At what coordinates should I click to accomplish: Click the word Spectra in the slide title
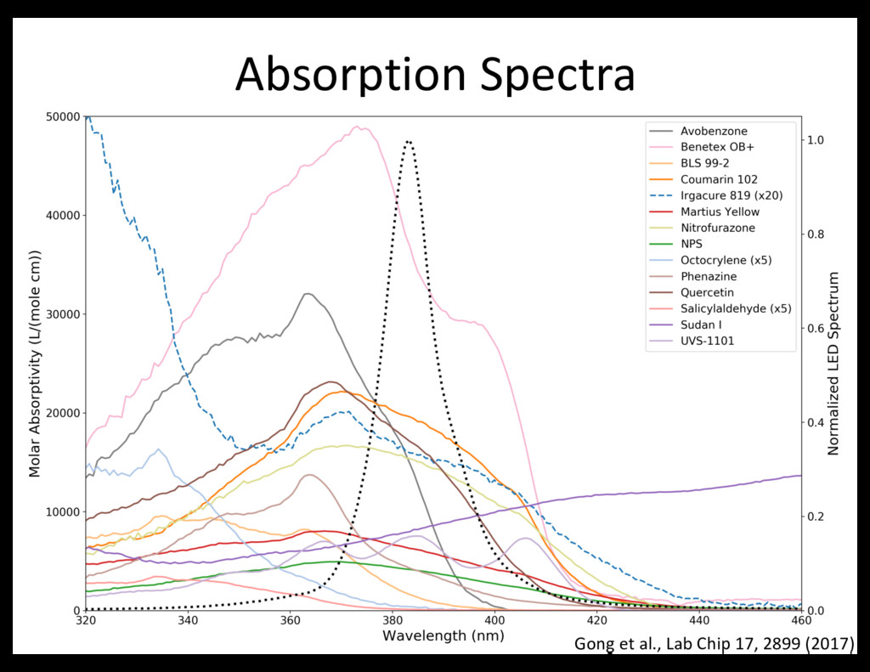point(557,75)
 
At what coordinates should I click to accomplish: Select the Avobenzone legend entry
point(714,132)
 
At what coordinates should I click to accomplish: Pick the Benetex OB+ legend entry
point(717,147)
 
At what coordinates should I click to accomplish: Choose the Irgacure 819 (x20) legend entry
point(732,195)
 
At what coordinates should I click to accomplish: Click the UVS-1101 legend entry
point(708,341)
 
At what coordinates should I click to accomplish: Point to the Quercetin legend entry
point(707,292)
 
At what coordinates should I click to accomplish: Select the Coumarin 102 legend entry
point(719,179)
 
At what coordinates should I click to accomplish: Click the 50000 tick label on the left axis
point(63,116)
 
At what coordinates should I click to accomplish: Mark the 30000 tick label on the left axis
point(63,314)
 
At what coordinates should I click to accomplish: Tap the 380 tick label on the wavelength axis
point(392,621)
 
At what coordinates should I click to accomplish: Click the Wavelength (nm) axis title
point(443,635)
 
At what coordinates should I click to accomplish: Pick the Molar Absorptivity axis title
point(36,364)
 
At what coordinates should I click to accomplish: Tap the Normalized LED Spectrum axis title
point(834,364)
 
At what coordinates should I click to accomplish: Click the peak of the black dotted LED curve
point(410,142)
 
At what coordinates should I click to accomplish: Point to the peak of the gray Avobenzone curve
point(308,294)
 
